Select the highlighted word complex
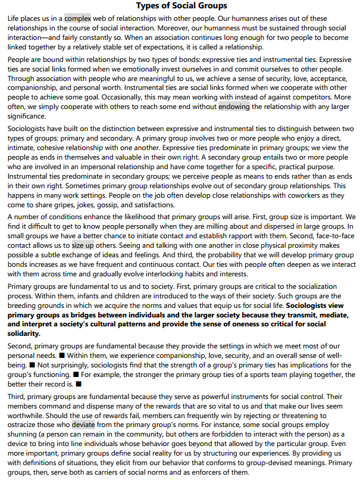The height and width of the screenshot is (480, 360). coord(77,18)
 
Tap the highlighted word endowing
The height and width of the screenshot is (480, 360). coord(234,107)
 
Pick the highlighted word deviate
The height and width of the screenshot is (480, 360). coord(83,425)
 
